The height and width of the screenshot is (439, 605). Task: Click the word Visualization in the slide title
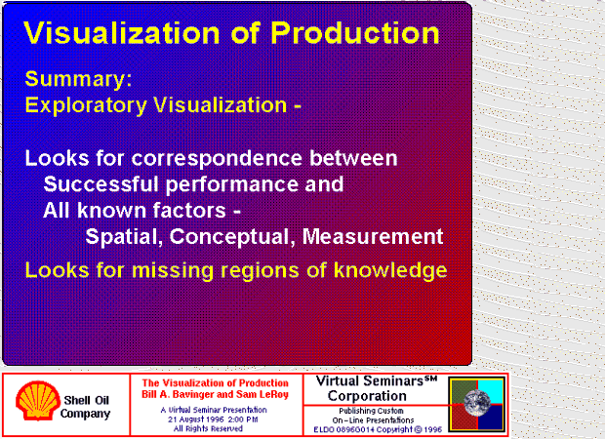click(122, 33)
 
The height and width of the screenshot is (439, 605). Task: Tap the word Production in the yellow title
click(355, 33)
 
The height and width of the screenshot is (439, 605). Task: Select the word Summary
click(78, 80)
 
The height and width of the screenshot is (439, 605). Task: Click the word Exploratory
click(86, 105)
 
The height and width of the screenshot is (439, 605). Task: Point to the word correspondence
click(217, 159)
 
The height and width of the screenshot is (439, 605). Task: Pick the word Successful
click(101, 184)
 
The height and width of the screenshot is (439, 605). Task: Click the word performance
click(232, 185)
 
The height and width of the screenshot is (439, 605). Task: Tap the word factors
click(189, 211)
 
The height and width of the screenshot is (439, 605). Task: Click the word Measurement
click(373, 236)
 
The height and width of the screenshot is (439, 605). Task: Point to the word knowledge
click(390, 270)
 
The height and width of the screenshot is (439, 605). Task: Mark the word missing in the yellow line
click(172, 270)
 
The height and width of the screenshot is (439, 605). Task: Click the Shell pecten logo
click(38, 401)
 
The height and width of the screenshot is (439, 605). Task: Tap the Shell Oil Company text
click(85, 407)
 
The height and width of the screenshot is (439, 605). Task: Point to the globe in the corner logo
click(477, 403)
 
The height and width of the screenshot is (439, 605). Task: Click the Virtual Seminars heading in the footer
click(377, 381)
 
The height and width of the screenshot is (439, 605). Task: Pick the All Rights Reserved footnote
click(208, 428)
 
